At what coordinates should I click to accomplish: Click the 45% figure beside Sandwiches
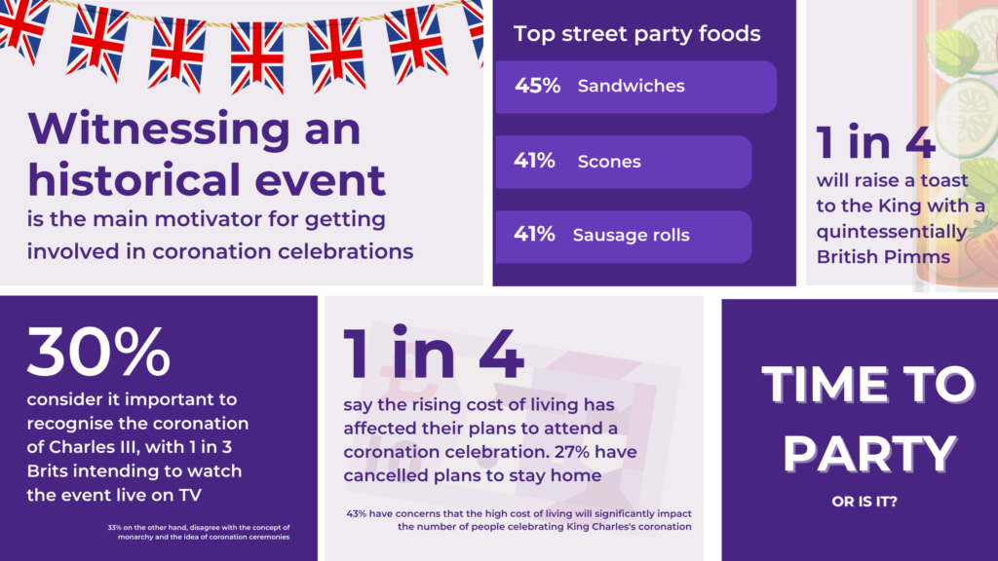(537, 86)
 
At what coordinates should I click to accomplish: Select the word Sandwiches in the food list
(631, 86)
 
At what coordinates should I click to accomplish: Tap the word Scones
(609, 162)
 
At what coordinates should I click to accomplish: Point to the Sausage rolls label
(631, 236)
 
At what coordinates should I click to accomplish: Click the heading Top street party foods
(637, 34)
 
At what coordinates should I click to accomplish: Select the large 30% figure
(98, 352)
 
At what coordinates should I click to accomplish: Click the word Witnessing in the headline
(159, 130)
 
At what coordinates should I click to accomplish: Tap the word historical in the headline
(136, 180)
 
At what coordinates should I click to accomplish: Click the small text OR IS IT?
(864, 502)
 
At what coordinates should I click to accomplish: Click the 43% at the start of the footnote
(356, 513)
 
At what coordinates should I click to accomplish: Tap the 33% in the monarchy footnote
(115, 527)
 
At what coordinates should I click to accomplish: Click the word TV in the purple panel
(190, 495)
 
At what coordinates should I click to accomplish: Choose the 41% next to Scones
(534, 161)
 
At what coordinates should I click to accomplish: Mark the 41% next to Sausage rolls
(534, 235)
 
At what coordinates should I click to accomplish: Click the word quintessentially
(892, 232)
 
